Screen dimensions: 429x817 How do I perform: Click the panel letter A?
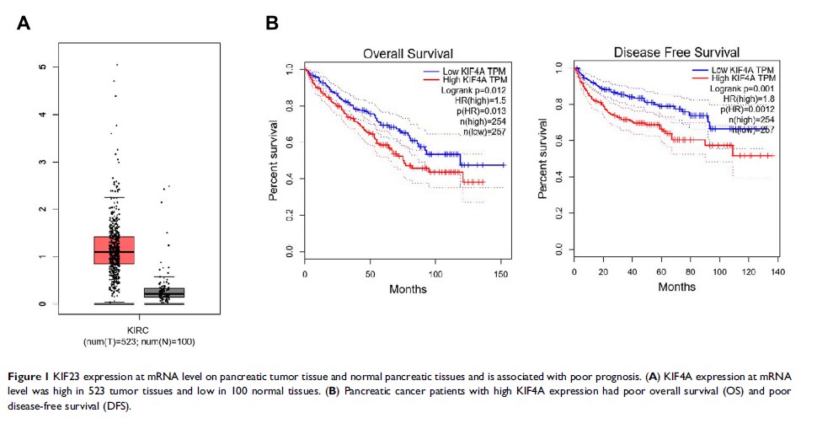24,24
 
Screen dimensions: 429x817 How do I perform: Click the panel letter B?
272,24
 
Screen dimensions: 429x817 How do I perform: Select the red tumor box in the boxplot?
115,249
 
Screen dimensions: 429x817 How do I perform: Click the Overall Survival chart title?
407,54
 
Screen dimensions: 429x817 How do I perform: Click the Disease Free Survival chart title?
677,53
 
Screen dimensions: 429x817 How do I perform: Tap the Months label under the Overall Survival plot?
407,289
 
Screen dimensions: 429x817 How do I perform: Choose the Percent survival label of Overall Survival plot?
274,160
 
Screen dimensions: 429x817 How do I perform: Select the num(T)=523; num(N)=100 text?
141,341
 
